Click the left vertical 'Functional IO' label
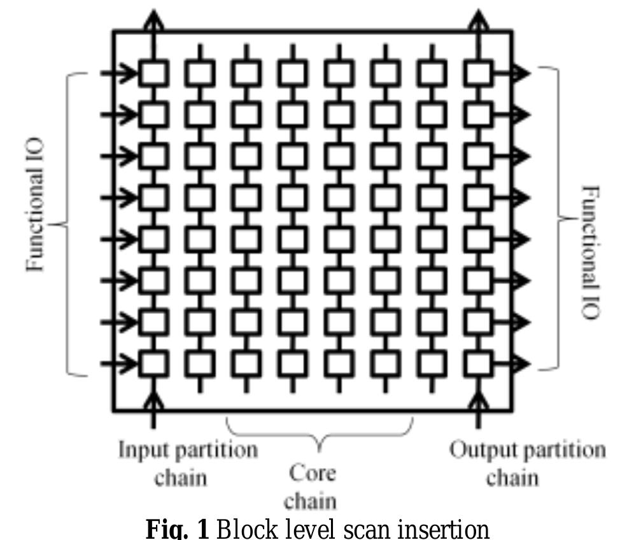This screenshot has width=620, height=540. click(x=35, y=204)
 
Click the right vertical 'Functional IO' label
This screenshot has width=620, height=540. click(x=590, y=252)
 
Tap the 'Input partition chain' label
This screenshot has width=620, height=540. click(x=188, y=463)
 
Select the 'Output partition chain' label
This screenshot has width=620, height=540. click(x=527, y=463)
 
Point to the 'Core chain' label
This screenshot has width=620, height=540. click(x=311, y=487)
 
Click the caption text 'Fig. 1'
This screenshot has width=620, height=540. click(x=177, y=529)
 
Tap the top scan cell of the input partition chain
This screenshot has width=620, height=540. click(x=153, y=73)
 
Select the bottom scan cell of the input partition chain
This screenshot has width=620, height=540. click(x=153, y=364)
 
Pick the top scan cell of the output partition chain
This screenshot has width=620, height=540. click(x=479, y=73)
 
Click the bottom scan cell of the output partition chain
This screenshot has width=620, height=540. click(x=479, y=364)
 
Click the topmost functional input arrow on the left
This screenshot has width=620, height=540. click(x=118, y=73)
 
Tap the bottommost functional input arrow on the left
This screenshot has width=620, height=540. click(x=118, y=364)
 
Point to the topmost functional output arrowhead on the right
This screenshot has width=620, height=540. click(x=521, y=73)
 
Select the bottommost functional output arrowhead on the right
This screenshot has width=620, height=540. click(x=521, y=364)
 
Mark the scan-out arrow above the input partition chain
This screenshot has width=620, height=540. click(x=153, y=35)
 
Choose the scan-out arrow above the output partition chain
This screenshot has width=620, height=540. click(x=479, y=35)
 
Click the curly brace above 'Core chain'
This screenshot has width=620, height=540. click(x=320, y=436)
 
